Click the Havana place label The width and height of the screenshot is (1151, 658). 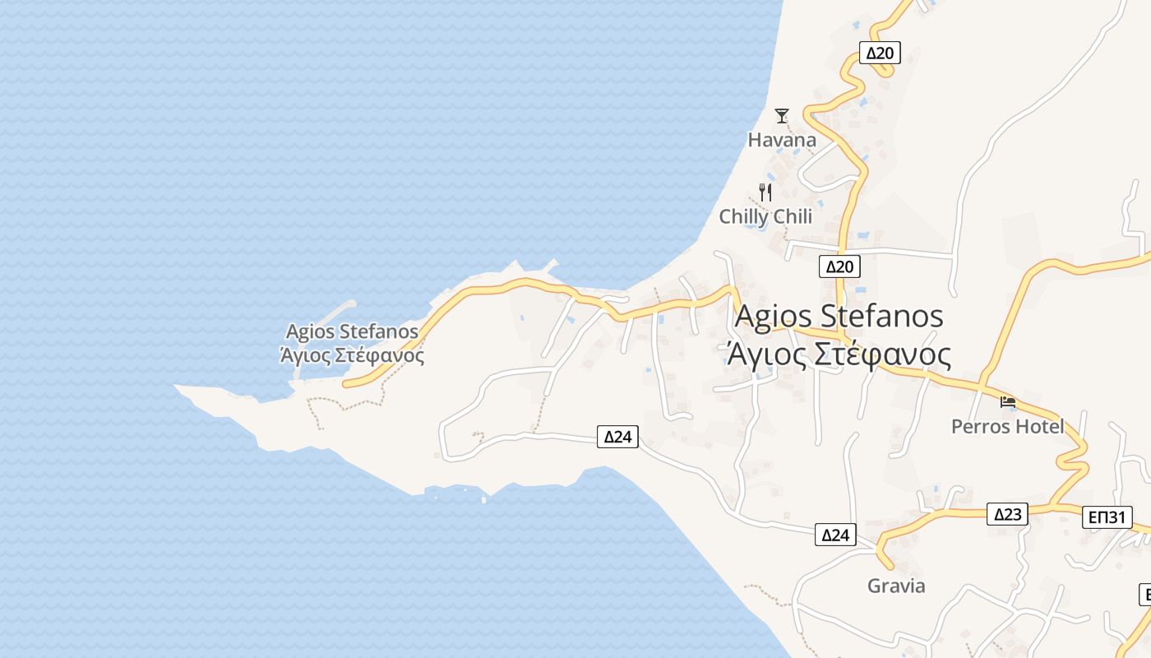click(782, 140)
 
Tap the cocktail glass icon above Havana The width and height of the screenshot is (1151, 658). click(782, 116)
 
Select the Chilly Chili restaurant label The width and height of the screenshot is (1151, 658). click(765, 216)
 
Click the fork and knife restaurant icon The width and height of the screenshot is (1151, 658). click(765, 192)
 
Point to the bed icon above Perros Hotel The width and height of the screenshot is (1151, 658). click(1008, 402)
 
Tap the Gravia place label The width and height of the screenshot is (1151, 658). click(896, 586)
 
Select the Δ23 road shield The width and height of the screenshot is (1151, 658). click(1007, 514)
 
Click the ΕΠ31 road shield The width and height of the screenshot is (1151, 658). click(1107, 517)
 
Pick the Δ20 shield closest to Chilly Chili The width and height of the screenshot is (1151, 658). click(839, 266)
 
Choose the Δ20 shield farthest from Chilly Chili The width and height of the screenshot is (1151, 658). click(880, 53)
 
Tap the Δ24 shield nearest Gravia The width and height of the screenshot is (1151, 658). click(835, 535)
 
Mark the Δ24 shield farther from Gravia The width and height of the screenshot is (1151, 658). click(617, 436)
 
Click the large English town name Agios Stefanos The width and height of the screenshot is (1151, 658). click(839, 316)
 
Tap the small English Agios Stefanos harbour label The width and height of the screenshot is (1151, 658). click(352, 331)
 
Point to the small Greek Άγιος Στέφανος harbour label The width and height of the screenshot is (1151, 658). click(352, 355)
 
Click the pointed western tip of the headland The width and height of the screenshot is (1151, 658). click(178, 386)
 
